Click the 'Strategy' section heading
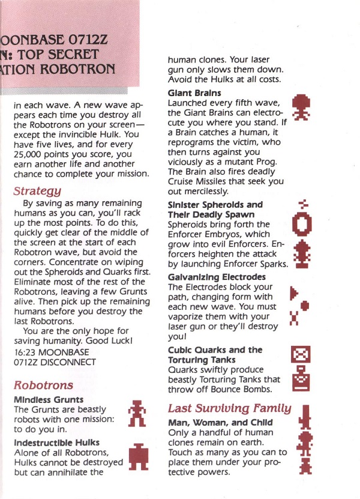pos(37,192)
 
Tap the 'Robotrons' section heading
pos(43,385)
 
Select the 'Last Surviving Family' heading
pos(229,408)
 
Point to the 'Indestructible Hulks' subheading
pos(56,443)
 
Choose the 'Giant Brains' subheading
pos(194,93)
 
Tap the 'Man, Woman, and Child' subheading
pos(220,423)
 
